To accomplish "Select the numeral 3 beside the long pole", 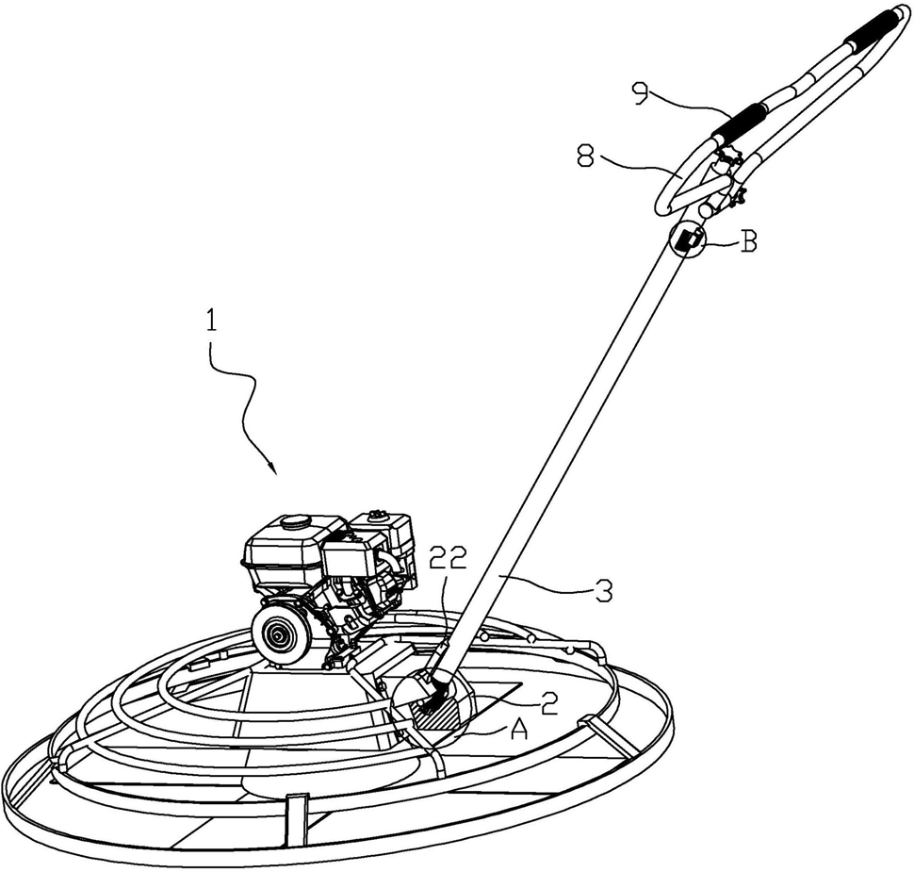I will click(x=603, y=591).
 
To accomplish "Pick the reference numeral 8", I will click(x=584, y=156).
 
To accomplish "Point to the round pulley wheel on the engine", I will click(x=280, y=637).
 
